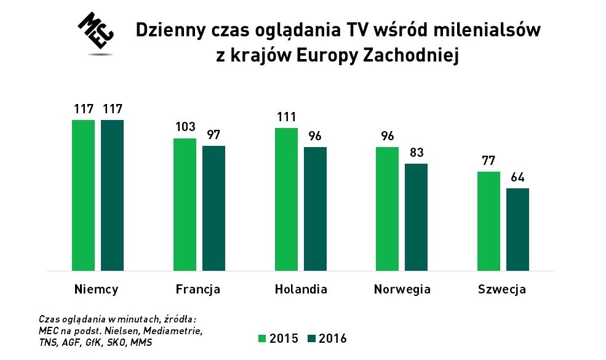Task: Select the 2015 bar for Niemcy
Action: click(84, 195)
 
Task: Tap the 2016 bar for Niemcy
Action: click(113, 195)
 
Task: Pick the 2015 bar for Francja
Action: click(185, 204)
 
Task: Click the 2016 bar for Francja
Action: click(213, 208)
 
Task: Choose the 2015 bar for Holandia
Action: click(286, 199)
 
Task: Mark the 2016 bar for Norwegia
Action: click(416, 217)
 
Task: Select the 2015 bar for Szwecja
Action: click(488, 221)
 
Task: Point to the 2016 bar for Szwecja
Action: click(517, 229)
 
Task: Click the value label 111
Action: click(286, 118)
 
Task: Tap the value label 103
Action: click(185, 127)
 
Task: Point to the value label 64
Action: click(517, 178)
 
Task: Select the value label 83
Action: click(416, 153)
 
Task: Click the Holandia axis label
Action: click(301, 289)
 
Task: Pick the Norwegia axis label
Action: click(402, 289)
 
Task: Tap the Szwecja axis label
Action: click(502, 289)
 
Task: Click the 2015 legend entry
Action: click(279, 338)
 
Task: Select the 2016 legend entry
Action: click(327, 338)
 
